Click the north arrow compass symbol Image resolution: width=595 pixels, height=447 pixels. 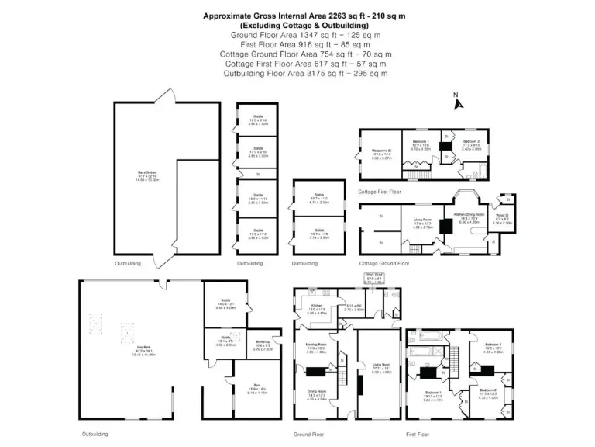click(457, 99)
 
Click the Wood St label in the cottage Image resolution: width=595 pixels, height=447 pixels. click(501, 220)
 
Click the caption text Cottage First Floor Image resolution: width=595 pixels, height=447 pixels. click(380, 191)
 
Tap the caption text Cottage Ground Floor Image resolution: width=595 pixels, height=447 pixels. click(383, 263)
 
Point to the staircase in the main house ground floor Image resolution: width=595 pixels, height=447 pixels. click(342, 366)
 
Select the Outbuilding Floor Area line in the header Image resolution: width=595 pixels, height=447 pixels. click(305, 73)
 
